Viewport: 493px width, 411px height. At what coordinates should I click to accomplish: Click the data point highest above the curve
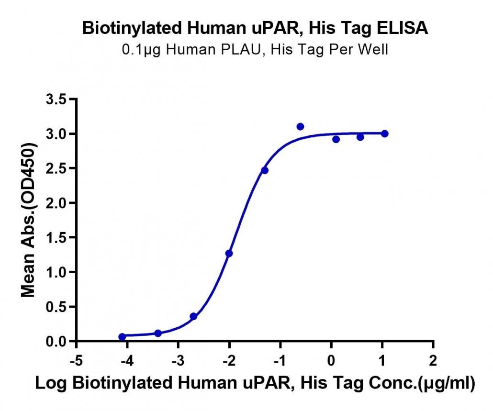tap(300, 127)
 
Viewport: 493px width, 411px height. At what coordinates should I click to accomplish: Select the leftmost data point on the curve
tap(122, 337)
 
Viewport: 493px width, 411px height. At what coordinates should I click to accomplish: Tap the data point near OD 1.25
tap(229, 253)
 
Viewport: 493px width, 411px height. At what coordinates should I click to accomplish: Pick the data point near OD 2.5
tap(265, 170)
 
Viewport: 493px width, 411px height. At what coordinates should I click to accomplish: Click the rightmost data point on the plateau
tap(384, 133)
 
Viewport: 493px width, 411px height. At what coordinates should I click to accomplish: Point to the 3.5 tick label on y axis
tap(56, 100)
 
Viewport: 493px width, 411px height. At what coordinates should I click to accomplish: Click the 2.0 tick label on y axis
tap(56, 203)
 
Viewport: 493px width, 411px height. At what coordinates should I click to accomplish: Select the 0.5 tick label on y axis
tap(56, 307)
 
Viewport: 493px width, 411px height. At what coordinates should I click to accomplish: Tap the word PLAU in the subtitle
tap(241, 49)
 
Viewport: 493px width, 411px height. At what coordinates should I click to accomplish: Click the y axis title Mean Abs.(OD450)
tap(28, 220)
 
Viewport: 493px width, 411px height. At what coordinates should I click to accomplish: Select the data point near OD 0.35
tap(193, 316)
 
